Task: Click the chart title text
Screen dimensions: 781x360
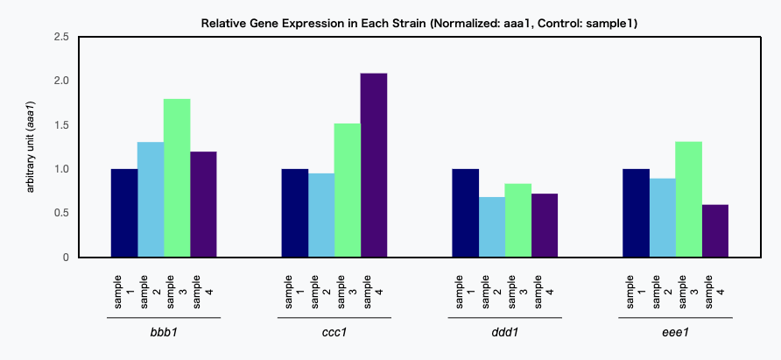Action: coord(419,24)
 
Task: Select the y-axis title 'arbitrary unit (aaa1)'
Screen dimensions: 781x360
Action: coord(31,147)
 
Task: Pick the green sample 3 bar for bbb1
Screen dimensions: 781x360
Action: coord(178,178)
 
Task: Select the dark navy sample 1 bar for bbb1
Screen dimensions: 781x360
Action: coord(124,213)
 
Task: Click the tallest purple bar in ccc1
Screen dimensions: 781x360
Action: coord(374,165)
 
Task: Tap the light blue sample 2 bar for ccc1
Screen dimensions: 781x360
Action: coord(321,215)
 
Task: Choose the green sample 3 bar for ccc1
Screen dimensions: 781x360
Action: coord(348,190)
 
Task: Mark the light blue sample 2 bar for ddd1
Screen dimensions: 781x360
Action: coord(491,227)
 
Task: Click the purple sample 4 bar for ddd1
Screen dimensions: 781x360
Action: coord(545,225)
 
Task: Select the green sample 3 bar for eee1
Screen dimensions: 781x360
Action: coord(689,200)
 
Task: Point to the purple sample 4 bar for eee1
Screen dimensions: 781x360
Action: coord(715,231)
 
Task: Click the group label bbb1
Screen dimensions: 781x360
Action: coord(164,332)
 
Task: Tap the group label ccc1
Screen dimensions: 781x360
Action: coord(334,332)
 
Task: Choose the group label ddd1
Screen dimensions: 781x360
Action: coord(505,332)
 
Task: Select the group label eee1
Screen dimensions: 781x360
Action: coord(675,332)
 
